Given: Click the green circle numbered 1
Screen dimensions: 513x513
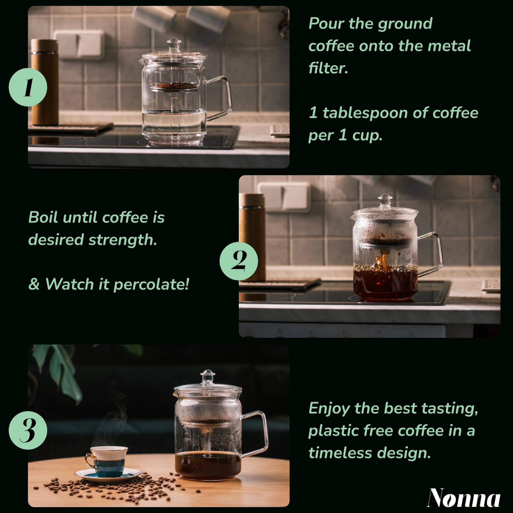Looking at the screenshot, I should [28, 87].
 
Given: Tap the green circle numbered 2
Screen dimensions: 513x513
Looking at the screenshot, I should [239, 261].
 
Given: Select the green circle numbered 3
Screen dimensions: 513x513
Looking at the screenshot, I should [28, 430].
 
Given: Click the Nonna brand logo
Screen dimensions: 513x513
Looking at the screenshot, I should [464, 498].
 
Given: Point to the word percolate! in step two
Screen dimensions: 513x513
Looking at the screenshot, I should [151, 284].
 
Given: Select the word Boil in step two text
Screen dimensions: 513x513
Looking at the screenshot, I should [43, 217].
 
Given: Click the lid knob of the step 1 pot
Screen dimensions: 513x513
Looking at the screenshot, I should [174, 42].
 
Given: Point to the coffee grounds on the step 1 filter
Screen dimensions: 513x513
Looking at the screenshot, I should [174, 85].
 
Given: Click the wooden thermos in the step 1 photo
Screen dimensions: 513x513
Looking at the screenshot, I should [45, 82].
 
